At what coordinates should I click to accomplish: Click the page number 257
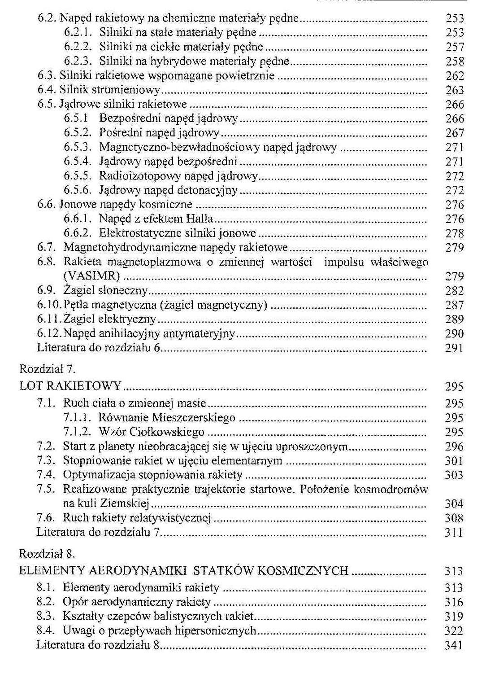[x=455, y=47]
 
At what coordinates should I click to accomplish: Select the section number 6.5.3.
[x=78, y=147]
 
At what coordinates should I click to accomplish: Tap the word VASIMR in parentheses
[x=91, y=276]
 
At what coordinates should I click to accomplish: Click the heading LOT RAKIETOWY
[x=70, y=386]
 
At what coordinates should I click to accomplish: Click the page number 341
[x=453, y=646]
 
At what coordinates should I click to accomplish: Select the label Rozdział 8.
[x=47, y=554]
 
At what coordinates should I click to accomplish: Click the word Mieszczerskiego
[x=194, y=418]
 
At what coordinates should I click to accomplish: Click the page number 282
[x=454, y=291]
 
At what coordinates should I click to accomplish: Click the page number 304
[x=454, y=504]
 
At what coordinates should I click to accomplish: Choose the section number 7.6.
[x=46, y=518]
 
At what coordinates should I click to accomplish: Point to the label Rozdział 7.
[x=47, y=369]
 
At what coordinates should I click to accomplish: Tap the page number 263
[x=455, y=90]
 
